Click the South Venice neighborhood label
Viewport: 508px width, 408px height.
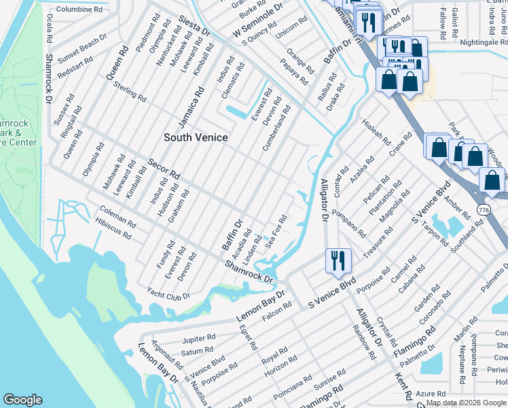(196, 137)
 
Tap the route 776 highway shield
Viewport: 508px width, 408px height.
(483, 207)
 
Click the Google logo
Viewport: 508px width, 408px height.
(23, 399)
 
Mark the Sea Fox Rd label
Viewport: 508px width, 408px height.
(278, 232)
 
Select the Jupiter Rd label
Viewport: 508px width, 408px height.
(198, 338)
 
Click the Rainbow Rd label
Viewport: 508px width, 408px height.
(364, 340)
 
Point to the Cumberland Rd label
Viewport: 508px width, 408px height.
(279, 128)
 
